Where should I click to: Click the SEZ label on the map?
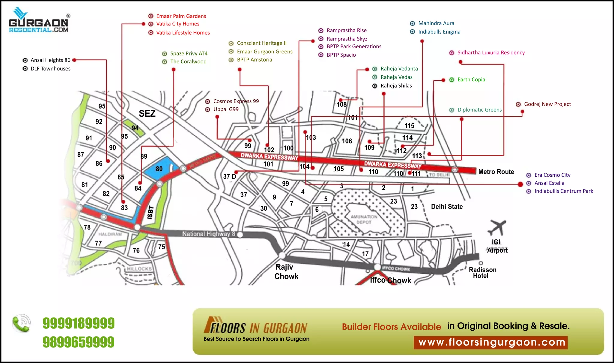147,113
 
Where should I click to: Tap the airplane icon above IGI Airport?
497,227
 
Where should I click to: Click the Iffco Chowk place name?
390,280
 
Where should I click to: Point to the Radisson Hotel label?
482,273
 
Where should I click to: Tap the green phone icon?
22,323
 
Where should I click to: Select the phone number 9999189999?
79,323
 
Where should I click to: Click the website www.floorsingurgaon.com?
492,342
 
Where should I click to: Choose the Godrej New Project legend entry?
547,104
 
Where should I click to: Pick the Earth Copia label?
471,79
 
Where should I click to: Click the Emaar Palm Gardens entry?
181,16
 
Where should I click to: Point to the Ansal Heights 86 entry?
50,60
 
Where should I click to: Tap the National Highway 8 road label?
209,234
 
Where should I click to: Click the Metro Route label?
496,172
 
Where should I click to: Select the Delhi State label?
447,206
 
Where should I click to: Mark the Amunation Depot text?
364,219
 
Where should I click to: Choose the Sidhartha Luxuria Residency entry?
491,53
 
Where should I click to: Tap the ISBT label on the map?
151,212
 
